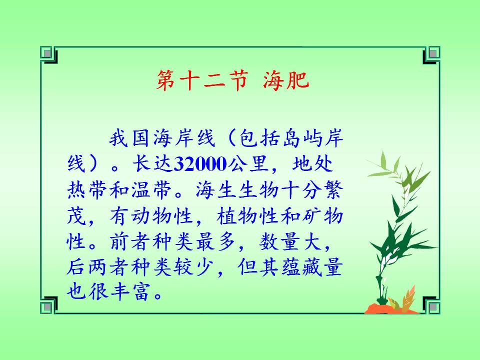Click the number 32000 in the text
coord(200,164)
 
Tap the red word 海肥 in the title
coord(286,80)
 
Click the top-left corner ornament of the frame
coord(48,55)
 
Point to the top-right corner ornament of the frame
coord(431,55)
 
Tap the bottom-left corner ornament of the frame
coord(48,305)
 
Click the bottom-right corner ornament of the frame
coord(431,305)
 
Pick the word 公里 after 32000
coord(248,164)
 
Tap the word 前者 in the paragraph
coord(130,242)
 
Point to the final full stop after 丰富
coord(158,295)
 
